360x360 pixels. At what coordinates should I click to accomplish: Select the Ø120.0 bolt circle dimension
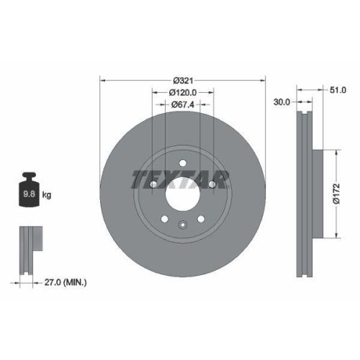[183, 92]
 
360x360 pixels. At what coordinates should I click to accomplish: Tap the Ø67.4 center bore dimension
[183, 105]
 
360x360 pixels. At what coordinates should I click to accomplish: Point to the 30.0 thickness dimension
[282, 102]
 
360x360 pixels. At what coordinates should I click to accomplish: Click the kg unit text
[47, 194]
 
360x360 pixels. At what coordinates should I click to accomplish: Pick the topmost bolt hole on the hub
[184, 163]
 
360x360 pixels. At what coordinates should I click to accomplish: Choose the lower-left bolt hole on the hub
[166, 219]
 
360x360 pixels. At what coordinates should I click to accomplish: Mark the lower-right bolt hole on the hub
[202, 219]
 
